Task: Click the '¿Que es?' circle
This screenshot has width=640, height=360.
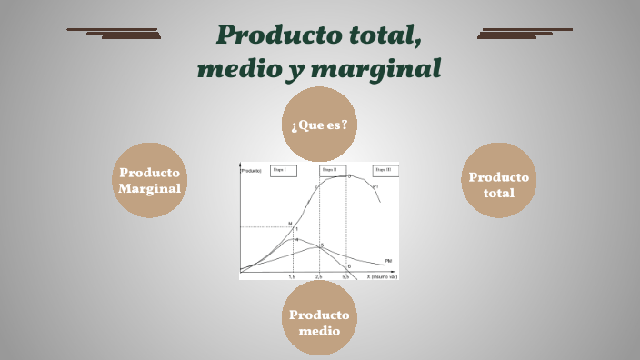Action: coord(319,125)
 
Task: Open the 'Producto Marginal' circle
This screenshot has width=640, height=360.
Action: coord(149,180)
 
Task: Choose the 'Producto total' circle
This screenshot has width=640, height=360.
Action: coord(499,185)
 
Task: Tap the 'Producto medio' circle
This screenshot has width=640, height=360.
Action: coord(319,323)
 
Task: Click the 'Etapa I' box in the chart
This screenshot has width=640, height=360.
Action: coord(283,170)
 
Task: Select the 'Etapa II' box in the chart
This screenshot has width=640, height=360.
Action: coord(332,170)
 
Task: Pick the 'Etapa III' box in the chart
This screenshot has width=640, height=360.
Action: coord(384,170)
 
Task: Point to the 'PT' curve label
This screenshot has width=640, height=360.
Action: coord(376,185)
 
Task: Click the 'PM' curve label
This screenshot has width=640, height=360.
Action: coord(388,261)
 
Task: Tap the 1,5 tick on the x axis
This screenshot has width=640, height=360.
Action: coord(292,275)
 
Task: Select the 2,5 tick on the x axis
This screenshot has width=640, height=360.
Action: coord(318,275)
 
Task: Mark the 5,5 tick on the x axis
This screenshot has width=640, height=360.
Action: coord(345,275)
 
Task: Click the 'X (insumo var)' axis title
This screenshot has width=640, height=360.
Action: coord(382,275)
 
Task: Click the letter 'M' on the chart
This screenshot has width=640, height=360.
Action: coord(290,224)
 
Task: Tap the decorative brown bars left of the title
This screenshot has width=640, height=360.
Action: coord(115,34)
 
